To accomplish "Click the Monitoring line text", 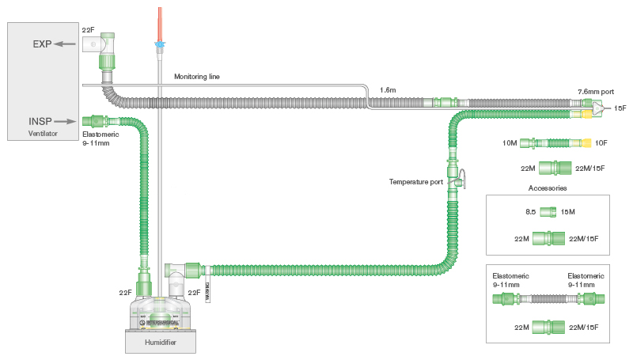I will [197, 77].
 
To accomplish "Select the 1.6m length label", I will [388, 90].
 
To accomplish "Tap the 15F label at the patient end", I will [620, 108].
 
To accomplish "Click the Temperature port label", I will [416, 182].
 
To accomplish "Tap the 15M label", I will [568, 211].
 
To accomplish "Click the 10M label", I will [510, 143].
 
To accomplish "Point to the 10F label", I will [601, 143].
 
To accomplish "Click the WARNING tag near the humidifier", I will [207, 292].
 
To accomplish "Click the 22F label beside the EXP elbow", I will [89, 29].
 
